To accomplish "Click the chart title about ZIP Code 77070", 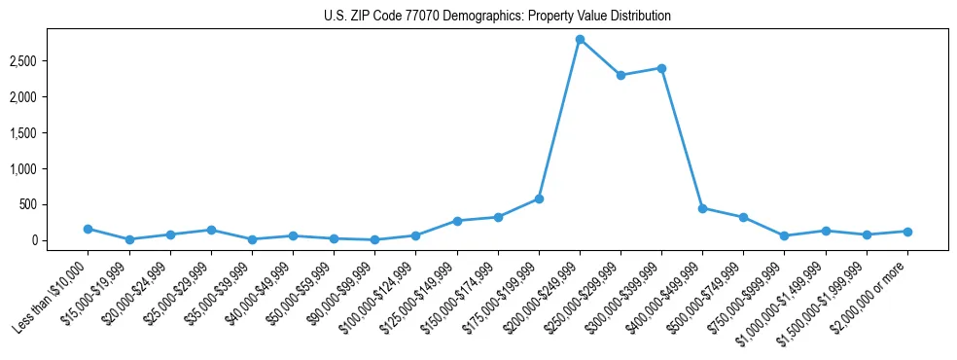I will coord(497,17).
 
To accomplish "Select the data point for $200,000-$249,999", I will coord(580,40).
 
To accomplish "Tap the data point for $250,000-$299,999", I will coord(620,75).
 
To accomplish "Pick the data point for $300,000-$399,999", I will coord(661,68).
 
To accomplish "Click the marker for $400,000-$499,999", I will coord(702,208).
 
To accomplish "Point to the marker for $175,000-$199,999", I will coord(539,198).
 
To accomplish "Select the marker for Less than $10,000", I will coord(88,229).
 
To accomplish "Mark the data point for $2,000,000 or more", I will coord(907,232).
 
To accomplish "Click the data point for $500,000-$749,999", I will coord(743,217).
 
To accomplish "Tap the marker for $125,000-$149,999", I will coord(457,221).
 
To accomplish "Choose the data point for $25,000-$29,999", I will coord(210,230).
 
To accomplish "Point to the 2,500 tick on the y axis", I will coord(48,61).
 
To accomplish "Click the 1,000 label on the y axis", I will coord(48,169).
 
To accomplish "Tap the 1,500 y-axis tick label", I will coord(48,133).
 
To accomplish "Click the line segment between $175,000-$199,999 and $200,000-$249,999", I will coord(559,119).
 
